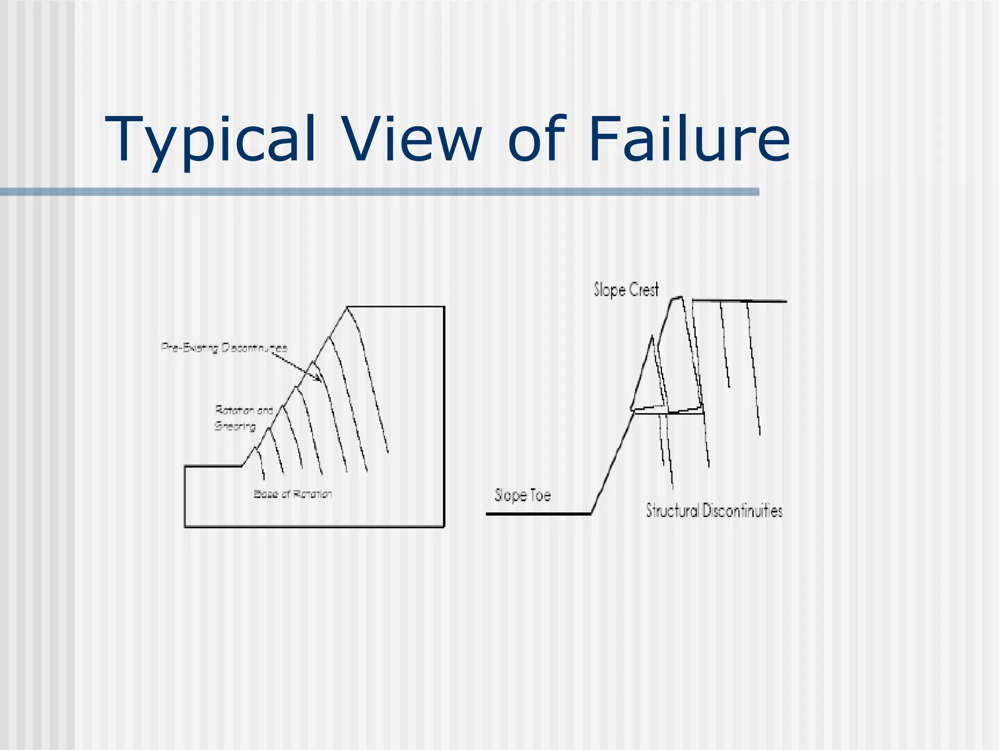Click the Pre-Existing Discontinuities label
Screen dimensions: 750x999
[x=224, y=348]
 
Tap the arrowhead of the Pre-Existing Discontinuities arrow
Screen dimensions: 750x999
[x=319, y=379]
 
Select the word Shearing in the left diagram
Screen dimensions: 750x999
[x=235, y=426]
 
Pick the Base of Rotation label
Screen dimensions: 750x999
[x=293, y=494]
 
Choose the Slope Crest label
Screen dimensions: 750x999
[x=626, y=290]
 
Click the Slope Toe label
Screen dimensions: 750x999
[x=522, y=495]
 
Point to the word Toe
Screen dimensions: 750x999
[x=540, y=496]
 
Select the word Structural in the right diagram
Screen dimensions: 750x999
[x=672, y=511]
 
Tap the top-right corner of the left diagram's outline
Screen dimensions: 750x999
[x=444, y=307]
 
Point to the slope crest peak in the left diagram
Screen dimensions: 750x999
[x=347, y=307]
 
